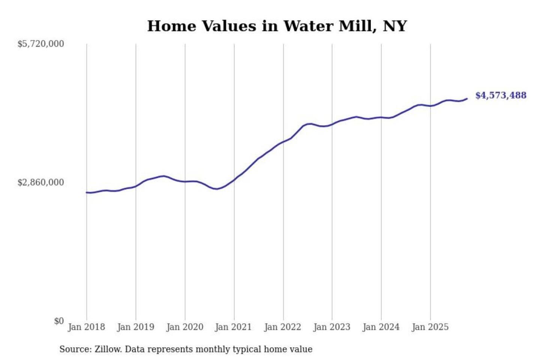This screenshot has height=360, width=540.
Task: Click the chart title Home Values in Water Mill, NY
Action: point(277,26)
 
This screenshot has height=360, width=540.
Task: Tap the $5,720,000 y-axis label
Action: point(41,44)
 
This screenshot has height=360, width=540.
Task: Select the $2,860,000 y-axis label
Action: point(41,183)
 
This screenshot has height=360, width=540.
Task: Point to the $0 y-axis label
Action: point(59,321)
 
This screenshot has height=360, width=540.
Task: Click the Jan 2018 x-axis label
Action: point(86,327)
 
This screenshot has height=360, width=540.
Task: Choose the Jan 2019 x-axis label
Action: point(135,327)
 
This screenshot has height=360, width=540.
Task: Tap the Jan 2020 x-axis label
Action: point(184,327)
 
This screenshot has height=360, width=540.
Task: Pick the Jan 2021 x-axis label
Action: point(233,327)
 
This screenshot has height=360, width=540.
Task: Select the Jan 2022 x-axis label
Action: point(282,327)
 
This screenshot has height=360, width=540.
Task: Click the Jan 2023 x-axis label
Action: point(331,327)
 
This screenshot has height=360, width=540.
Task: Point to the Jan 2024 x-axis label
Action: point(381,327)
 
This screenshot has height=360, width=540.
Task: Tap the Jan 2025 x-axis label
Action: point(430,327)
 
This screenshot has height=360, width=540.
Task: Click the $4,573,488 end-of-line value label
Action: point(501,95)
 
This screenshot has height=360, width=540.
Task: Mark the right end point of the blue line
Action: point(467,99)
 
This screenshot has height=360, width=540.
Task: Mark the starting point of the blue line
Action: point(87,192)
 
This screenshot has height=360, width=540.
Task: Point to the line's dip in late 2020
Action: point(216,189)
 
